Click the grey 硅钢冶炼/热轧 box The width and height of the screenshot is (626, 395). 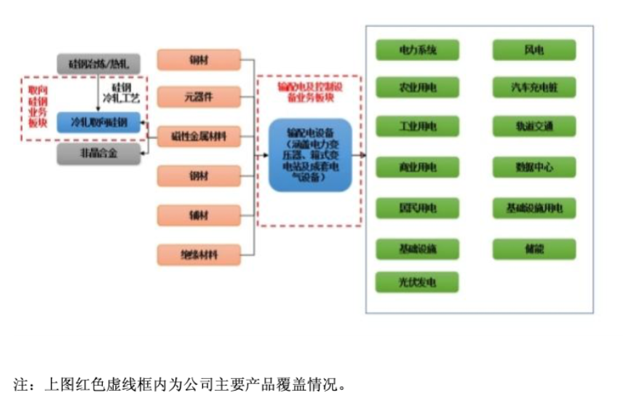tap(100, 63)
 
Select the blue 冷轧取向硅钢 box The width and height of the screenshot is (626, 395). tap(100, 123)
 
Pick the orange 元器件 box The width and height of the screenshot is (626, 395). tap(199, 97)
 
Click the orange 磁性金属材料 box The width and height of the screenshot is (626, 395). tap(199, 135)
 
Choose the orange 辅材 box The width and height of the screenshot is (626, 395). tap(199, 215)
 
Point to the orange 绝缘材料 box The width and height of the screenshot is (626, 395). tap(199, 255)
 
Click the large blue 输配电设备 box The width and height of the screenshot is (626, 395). tap(310, 155)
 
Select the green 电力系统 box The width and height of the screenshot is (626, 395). tap(417, 50)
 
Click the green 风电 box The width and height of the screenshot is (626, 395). tap(534, 50)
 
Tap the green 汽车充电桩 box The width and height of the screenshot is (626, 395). tap(534, 88)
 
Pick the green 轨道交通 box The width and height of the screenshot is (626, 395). tap(534, 127)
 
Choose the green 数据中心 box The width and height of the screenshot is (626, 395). tap(534, 167)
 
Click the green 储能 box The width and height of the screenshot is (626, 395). tap(534, 249)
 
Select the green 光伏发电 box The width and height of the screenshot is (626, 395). tap(417, 282)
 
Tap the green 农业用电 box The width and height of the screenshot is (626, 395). tap(417, 88)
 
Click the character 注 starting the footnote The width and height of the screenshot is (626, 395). tap(20, 383)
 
